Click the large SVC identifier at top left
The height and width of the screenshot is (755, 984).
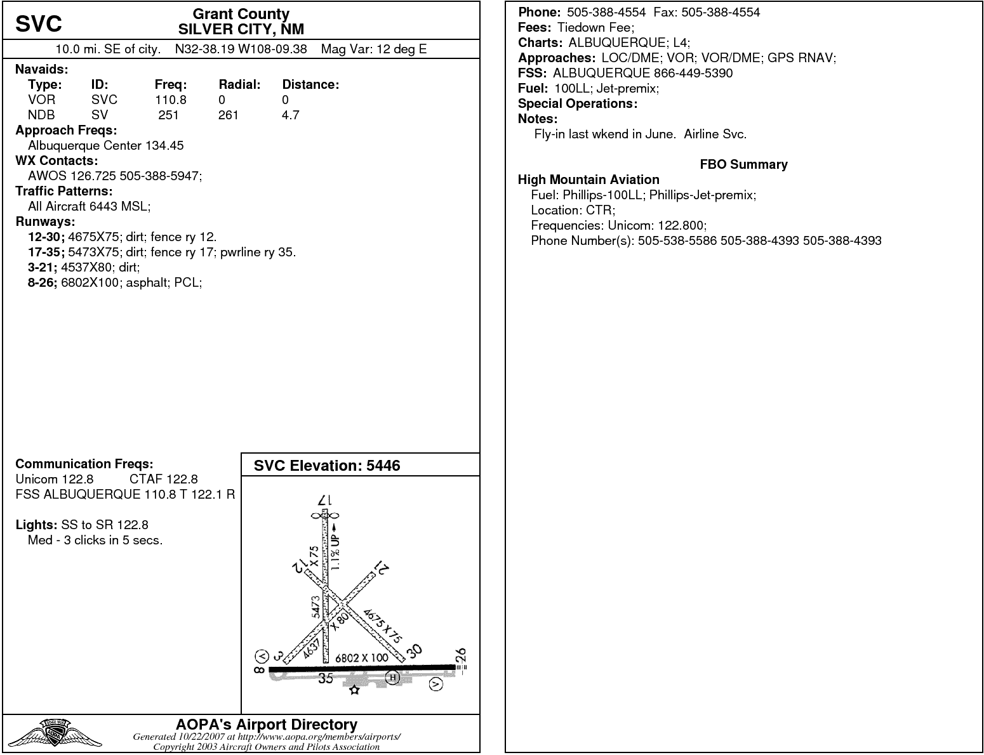coord(39,24)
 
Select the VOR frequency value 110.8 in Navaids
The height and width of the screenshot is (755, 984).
coord(171,100)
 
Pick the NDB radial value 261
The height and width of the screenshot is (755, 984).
coord(228,115)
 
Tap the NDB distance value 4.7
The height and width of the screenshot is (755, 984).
coord(291,115)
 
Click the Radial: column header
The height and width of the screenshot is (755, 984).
coord(240,84)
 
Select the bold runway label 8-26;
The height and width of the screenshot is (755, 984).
coord(43,282)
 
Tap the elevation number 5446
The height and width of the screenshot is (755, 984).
coord(383,466)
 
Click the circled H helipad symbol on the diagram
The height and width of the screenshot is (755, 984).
coord(393,678)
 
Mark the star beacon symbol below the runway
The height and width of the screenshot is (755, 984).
coord(354,690)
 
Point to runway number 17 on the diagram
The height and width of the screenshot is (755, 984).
coord(325,501)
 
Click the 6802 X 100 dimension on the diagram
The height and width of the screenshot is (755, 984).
coord(361,658)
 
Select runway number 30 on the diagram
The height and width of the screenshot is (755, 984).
coord(414,651)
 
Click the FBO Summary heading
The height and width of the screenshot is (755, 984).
coord(743,164)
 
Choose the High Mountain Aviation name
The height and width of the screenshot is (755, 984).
coord(588,180)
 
